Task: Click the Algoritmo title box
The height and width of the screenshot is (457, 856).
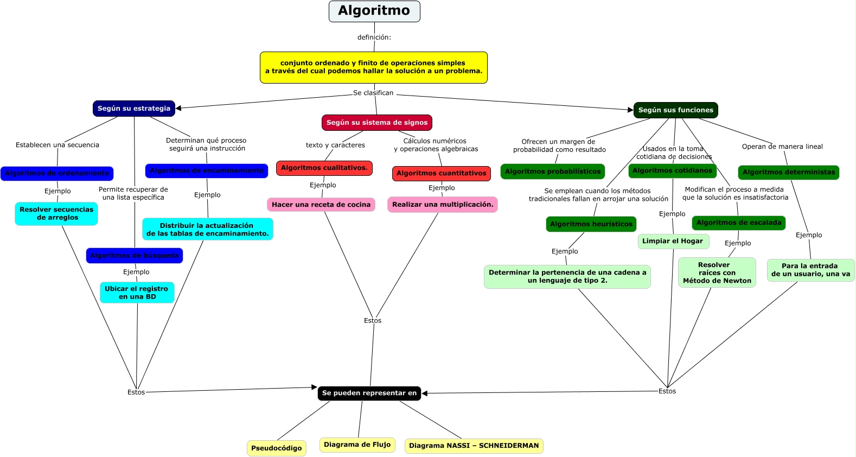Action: pos(374,11)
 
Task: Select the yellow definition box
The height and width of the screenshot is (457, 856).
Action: pos(373,67)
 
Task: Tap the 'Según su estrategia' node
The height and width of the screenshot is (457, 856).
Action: pos(134,109)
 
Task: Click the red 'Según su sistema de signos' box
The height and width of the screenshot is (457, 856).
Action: pos(377,123)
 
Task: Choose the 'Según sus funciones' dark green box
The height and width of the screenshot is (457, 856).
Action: pos(675,110)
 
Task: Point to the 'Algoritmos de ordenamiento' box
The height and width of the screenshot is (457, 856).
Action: pos(57,174)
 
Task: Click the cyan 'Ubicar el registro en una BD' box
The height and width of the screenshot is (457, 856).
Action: pos(137,293)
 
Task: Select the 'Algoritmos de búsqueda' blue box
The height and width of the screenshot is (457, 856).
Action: pos(135,256)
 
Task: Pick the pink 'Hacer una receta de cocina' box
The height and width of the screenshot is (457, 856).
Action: pos(321,205)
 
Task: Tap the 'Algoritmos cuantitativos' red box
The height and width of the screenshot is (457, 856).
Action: pos(442,174)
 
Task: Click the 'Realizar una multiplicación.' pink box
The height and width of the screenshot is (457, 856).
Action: pos(443,205)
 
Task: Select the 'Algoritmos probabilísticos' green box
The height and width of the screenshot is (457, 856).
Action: pos(553,172)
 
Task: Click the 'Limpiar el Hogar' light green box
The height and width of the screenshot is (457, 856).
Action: pos(672,241)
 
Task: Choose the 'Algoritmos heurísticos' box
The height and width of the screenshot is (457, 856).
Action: pos(591,224)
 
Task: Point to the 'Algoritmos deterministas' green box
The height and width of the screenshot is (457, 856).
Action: pos(788,173)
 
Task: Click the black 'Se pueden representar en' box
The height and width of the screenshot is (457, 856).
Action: pos(369,393)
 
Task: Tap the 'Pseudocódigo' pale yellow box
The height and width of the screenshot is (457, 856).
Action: pos(276,448)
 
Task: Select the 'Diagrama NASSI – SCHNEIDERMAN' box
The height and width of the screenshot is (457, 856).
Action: pos(474,446)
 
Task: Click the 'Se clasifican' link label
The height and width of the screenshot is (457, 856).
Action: pos(373,93)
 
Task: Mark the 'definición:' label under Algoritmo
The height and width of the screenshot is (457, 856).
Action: pos(374,37)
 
